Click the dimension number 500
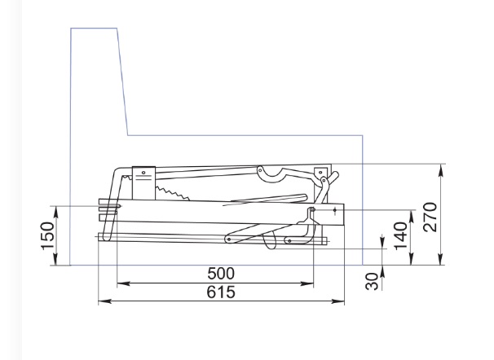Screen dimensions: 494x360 [221, 274]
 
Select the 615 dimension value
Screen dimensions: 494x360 [221, 292]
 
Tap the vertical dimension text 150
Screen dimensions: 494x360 [47, 236]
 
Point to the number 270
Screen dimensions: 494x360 [430, 217]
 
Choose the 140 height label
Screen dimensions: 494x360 [401, 235]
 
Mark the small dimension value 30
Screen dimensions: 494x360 [372, 281]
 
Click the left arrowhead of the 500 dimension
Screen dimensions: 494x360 [123, 283]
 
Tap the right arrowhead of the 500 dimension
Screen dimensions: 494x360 [307, 283]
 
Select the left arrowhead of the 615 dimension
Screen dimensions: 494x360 [104, 301]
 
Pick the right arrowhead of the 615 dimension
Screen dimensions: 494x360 [338, 301]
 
